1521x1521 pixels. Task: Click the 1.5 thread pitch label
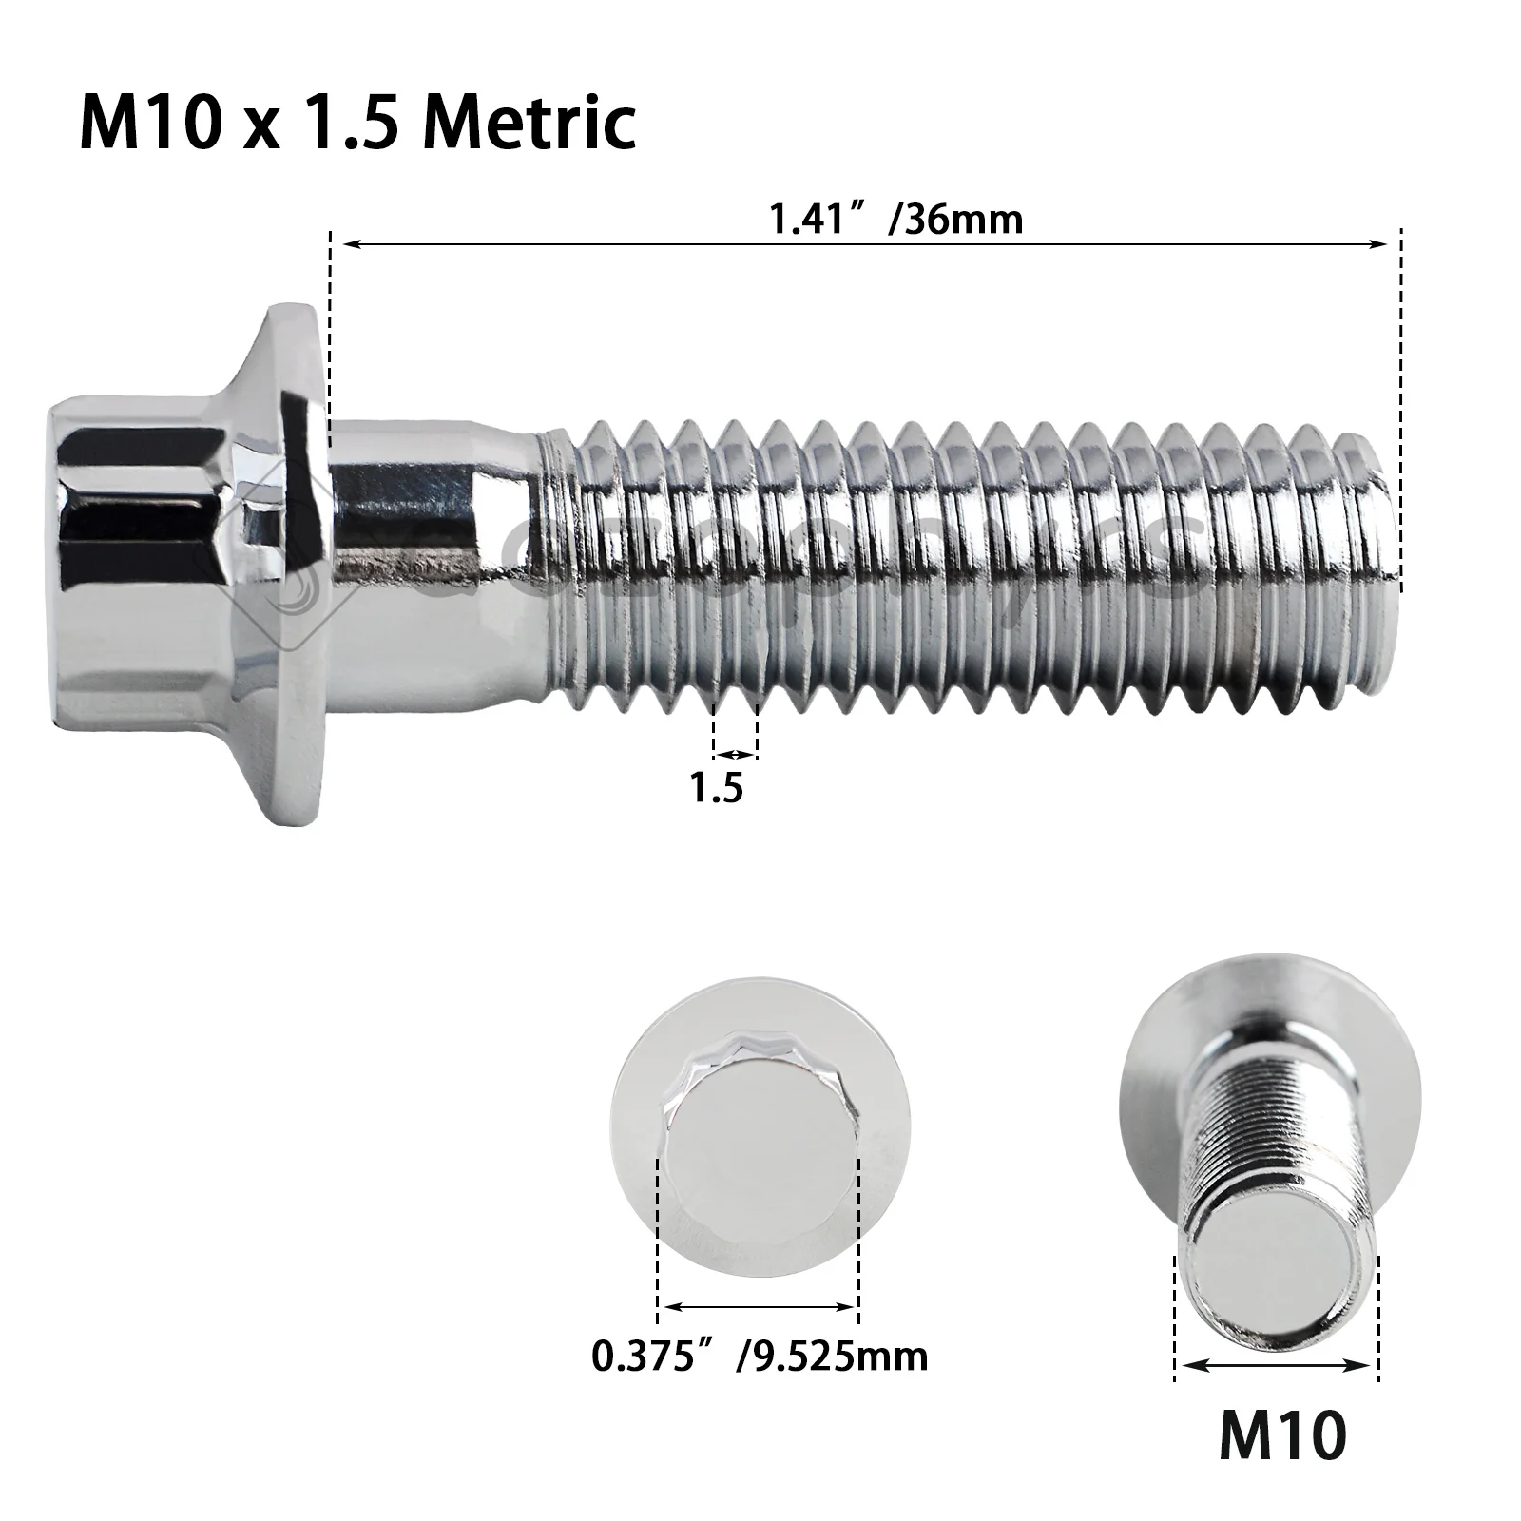pos(717,788)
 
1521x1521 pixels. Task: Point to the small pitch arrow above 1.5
pos(735,755)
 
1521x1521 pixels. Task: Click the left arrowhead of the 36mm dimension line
pos(350,244)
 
